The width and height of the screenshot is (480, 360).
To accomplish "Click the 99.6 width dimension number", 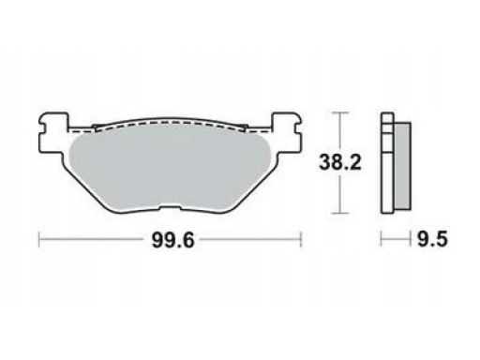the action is [172, 241].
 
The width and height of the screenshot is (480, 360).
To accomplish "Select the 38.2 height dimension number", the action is [340, 163].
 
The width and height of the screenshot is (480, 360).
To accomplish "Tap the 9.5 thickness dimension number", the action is [432, 240].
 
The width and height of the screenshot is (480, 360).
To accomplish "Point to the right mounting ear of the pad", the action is [287, 132].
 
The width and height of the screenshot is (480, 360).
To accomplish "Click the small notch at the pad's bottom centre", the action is [171, 207].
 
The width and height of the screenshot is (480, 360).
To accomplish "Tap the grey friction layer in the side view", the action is [402, 166].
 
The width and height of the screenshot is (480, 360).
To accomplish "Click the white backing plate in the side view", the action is [387, 163].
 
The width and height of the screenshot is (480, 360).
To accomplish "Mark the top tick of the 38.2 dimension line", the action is [339, 112].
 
